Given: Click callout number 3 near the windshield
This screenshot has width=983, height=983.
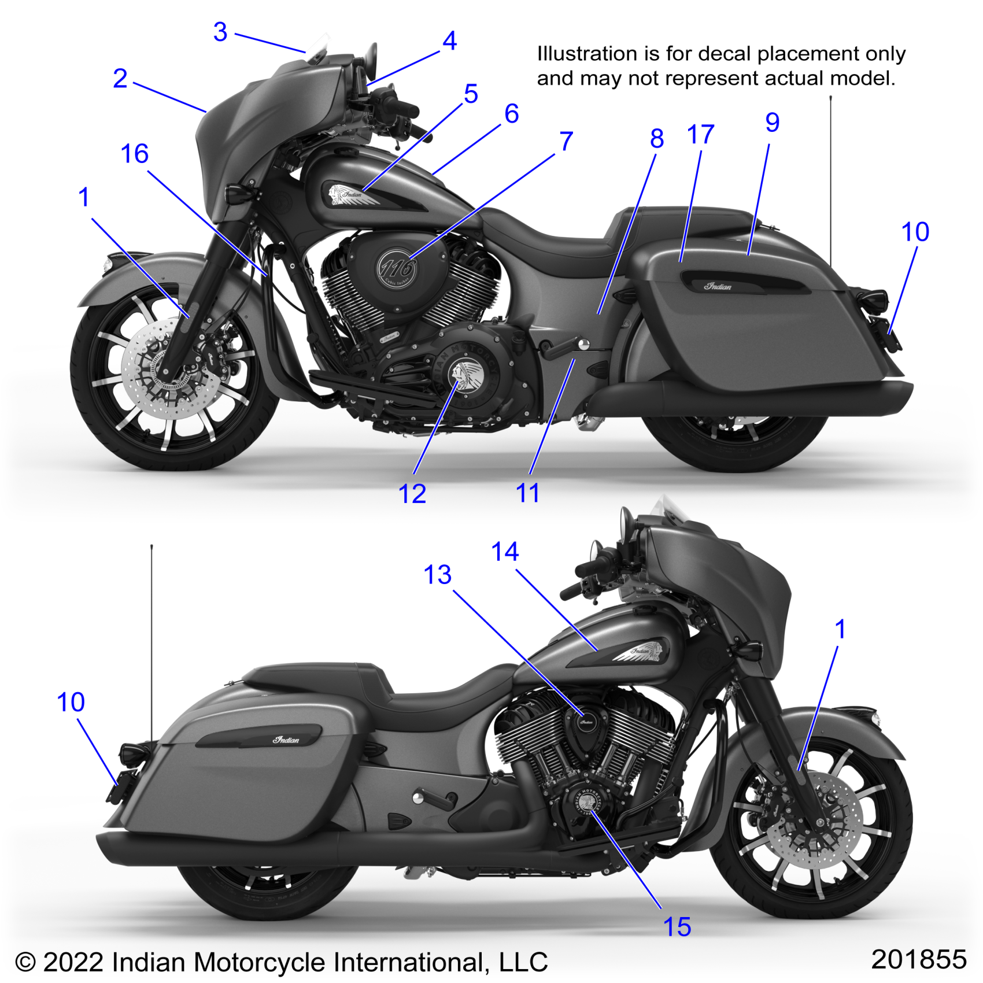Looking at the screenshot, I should pos(220,32).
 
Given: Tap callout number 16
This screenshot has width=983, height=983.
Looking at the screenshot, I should pos(135,154).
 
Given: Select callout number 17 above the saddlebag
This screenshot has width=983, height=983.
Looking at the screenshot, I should pos(701,135).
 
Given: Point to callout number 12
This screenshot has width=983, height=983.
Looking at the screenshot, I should pos(412,494).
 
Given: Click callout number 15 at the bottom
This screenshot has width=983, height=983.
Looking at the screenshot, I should pos(677,927).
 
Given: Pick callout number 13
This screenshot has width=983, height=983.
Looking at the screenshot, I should pos(438,575).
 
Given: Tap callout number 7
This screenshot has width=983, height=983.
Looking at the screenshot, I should pos(567,142).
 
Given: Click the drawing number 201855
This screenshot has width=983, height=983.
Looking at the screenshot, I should pos(918,959).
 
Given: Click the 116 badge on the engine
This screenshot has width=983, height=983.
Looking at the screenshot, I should pos(397,268).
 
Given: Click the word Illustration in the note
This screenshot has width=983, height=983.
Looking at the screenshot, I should pos(587,54).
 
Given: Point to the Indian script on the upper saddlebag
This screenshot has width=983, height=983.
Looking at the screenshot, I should pos(718,286).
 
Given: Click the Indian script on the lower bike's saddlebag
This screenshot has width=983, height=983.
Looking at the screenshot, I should pos(286,740).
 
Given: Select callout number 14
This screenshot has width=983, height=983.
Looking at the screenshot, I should pos(505,552).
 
